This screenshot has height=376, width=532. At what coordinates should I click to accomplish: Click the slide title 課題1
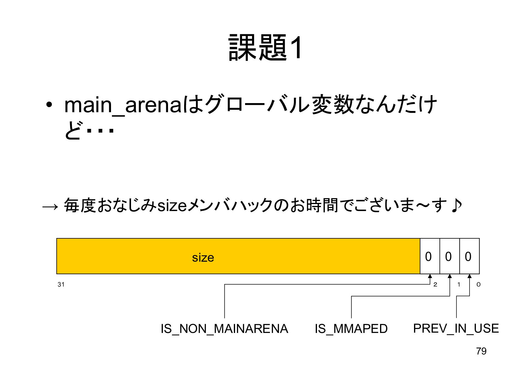265,48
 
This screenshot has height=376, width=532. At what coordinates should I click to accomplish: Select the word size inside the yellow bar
203,258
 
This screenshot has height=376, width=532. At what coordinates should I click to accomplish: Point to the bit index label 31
61,284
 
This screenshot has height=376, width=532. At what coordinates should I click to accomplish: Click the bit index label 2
435,284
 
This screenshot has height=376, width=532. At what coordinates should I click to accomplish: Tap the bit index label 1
459,284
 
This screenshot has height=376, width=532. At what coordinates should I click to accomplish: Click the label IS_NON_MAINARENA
224,329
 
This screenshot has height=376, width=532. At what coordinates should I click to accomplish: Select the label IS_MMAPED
351,329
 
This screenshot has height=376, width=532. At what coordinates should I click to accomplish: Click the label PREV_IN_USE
456,328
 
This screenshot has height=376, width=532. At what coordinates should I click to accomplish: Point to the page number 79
481,351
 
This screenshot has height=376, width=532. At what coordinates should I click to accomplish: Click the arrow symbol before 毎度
50,207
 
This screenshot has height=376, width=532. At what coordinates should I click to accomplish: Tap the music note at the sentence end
456,205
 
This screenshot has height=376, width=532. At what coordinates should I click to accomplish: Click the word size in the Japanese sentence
172,206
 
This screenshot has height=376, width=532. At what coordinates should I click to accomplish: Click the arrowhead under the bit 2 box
430,276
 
